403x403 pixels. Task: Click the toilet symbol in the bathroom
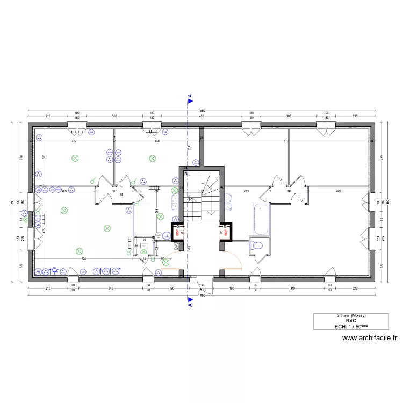[256, 246]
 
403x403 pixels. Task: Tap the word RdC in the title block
[344, 320]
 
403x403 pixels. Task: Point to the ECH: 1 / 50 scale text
[344, 326]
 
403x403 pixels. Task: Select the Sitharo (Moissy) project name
[344, 315]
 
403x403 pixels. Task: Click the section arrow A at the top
[190, 99]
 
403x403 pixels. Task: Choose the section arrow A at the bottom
[190, 303]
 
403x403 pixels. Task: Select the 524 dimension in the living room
[83, 259]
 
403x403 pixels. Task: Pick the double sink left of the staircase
[176, 203]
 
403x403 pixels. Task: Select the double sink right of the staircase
[229, 203]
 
